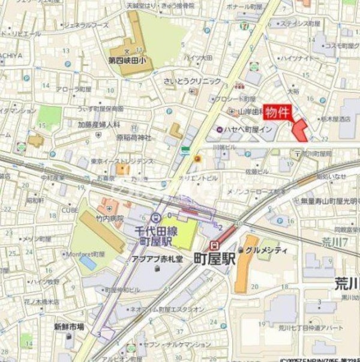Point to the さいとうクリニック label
(192, 81)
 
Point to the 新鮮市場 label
(69, 327)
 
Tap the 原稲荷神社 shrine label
(134, 137)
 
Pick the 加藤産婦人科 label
(99, 125)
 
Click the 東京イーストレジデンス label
(123, 161)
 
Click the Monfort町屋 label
(85, 253)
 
